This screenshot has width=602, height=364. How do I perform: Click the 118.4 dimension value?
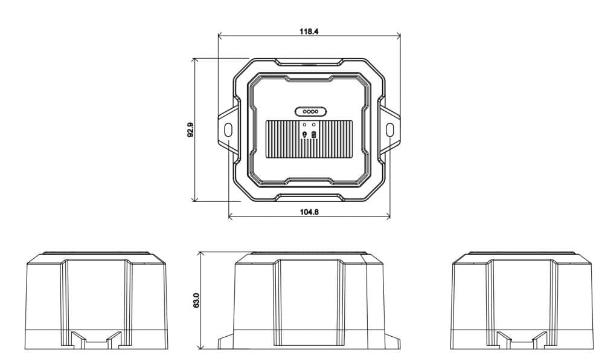click(309, 31)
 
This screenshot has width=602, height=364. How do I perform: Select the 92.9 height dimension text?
click(190, 130)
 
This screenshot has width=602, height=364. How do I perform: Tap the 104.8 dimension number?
click(309, 212)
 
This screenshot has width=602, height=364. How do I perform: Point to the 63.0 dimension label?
click(196, 301)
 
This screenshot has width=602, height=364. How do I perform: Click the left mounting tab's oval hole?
click(228, 129)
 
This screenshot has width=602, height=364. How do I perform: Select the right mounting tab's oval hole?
click(389, 129)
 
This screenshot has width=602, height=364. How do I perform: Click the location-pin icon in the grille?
click(305, 134)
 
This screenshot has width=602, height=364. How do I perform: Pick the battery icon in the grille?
click(314, 134)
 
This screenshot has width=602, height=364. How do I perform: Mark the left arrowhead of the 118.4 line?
click(220, 35)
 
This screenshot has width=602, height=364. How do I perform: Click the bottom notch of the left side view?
click(95, 340)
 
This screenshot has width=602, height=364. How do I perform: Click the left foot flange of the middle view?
click(225, 342)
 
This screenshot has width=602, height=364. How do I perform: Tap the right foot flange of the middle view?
click(394, 342)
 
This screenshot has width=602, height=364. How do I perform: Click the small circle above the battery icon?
click(314, 125)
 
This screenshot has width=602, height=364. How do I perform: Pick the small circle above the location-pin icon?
click(305, 125)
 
